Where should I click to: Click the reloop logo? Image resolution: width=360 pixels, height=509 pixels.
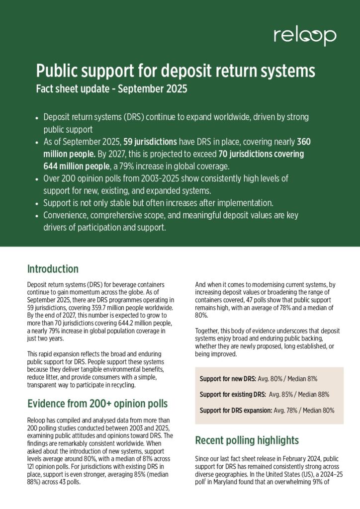tap(304, 36)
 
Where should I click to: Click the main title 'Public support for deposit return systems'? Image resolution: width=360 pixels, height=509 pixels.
tap(176, 71)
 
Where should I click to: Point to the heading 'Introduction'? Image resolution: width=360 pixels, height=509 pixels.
tap(53, 269)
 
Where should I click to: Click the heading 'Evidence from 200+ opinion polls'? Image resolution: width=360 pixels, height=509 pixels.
tap(97, 403)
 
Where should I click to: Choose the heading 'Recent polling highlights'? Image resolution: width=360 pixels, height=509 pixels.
tap(247, 440)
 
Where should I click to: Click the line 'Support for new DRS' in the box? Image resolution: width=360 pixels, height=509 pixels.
tap(228, 379)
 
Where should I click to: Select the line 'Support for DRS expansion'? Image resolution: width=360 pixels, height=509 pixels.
tap(235, 411)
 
